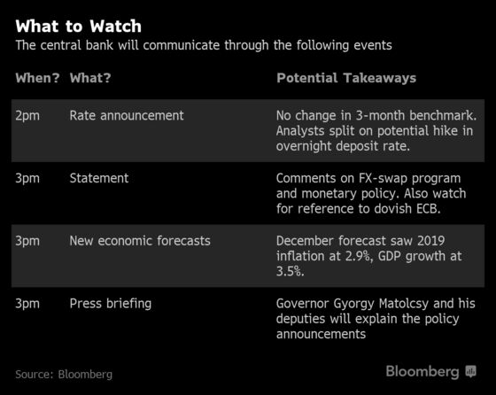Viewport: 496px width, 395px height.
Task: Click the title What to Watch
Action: tap(79, 26)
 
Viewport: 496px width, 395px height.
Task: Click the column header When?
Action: tap(37, 78)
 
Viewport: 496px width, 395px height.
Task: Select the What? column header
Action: tap(90, 78)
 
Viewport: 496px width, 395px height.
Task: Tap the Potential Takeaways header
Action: tap(346, 78)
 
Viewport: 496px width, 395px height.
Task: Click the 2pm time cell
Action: tap(27, 116)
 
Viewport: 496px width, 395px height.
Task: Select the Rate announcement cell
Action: tap(127, 115)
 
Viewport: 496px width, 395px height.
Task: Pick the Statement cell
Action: tap(99, 178)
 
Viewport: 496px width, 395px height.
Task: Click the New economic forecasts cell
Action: tap(140, 241)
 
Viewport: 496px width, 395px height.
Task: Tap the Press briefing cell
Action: tap(111, 304)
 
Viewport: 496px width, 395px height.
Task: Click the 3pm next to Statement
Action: tap(27, 179)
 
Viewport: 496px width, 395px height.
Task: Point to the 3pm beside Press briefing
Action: tap(27, 304)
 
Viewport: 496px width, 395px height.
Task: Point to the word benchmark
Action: tap(443, 115)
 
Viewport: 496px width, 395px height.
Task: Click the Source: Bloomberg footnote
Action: tap(64, 375)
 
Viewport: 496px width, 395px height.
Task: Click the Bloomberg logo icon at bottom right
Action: tap(470, 371)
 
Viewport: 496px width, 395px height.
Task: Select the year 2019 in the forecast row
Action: tap(430, 241)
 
